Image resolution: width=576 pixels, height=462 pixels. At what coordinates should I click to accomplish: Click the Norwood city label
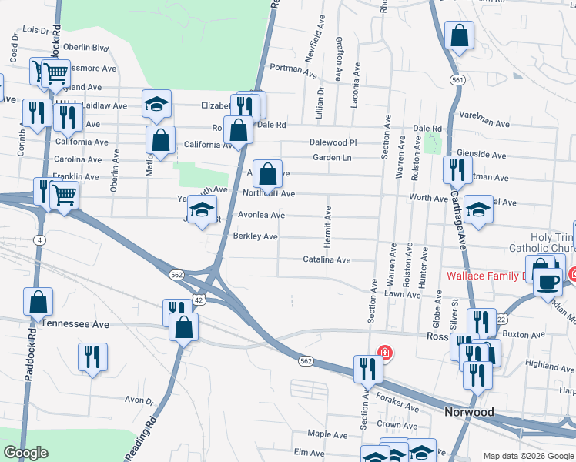469,412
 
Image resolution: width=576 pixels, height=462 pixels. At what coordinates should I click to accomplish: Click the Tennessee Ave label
75,325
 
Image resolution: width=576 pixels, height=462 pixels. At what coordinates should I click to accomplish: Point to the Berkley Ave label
255,236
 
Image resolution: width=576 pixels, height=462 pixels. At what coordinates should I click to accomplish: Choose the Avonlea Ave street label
261,215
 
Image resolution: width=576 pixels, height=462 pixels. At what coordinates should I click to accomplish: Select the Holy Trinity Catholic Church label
542,243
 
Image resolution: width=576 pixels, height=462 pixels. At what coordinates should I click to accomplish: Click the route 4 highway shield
38,240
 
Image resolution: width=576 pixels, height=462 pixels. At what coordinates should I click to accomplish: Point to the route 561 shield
458,80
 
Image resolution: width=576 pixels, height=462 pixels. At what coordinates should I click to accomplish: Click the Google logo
25,453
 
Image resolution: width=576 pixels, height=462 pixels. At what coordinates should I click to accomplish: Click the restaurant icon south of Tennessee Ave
92,357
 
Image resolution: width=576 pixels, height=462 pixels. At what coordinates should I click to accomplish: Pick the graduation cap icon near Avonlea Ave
202,209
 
